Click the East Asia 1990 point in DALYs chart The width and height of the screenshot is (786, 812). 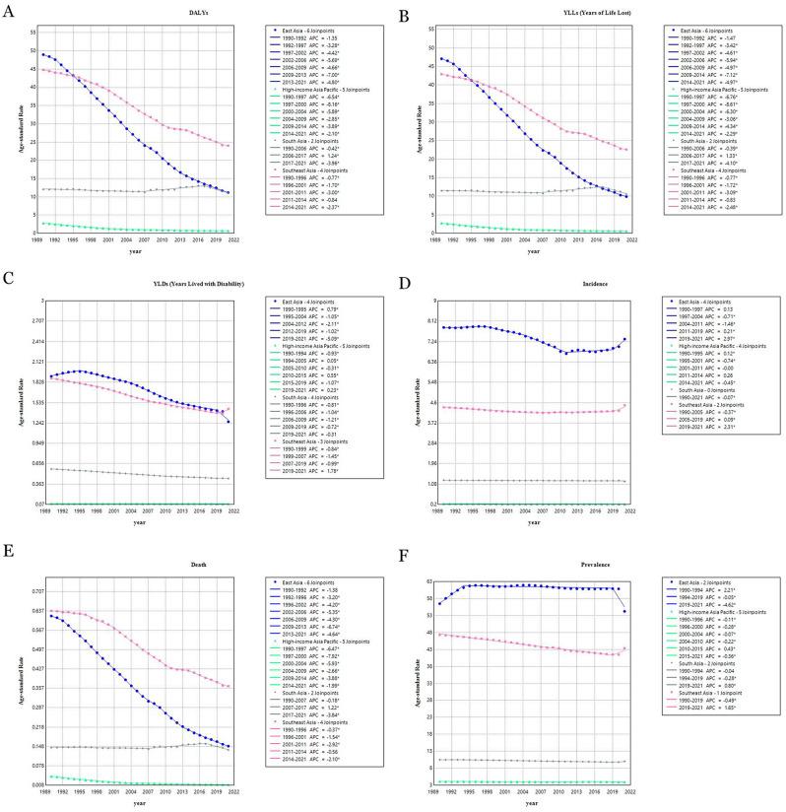point(44,54)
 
